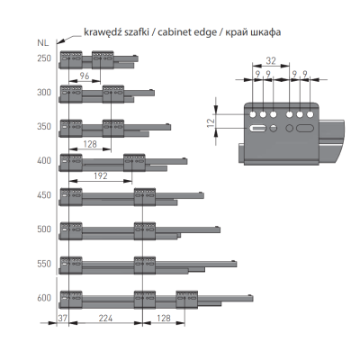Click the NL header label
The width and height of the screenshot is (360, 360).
click(x=43, y=42)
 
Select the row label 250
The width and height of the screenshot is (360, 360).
click(x=44, y=58)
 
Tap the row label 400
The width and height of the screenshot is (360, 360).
click(x=44, y=161)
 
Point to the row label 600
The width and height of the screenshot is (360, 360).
click(x=44, y=298)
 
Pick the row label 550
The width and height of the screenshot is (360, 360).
click(x=44, y=264)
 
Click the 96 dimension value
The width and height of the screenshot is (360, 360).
click(x=85, y=76)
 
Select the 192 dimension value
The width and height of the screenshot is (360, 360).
click(x=101, y=175)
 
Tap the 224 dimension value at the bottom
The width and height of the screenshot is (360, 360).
click(x=105, y=318)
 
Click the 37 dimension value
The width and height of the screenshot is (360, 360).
click(x=63, y=318)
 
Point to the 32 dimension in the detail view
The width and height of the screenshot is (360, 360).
click(x=271, y=61)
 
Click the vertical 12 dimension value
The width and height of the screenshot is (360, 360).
click(x=211, y=121)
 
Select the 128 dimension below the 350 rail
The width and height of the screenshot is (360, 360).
click(x=90, y=144)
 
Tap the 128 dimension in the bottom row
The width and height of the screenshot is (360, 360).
click(x=164, y=318)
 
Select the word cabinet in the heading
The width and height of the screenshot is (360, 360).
click(x=174, y=31)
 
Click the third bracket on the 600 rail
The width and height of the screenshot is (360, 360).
click(x=186, y=300)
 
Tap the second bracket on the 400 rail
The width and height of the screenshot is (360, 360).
click(x=134, y=163)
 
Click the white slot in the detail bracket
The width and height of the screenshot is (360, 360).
click(x=257, y=129)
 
